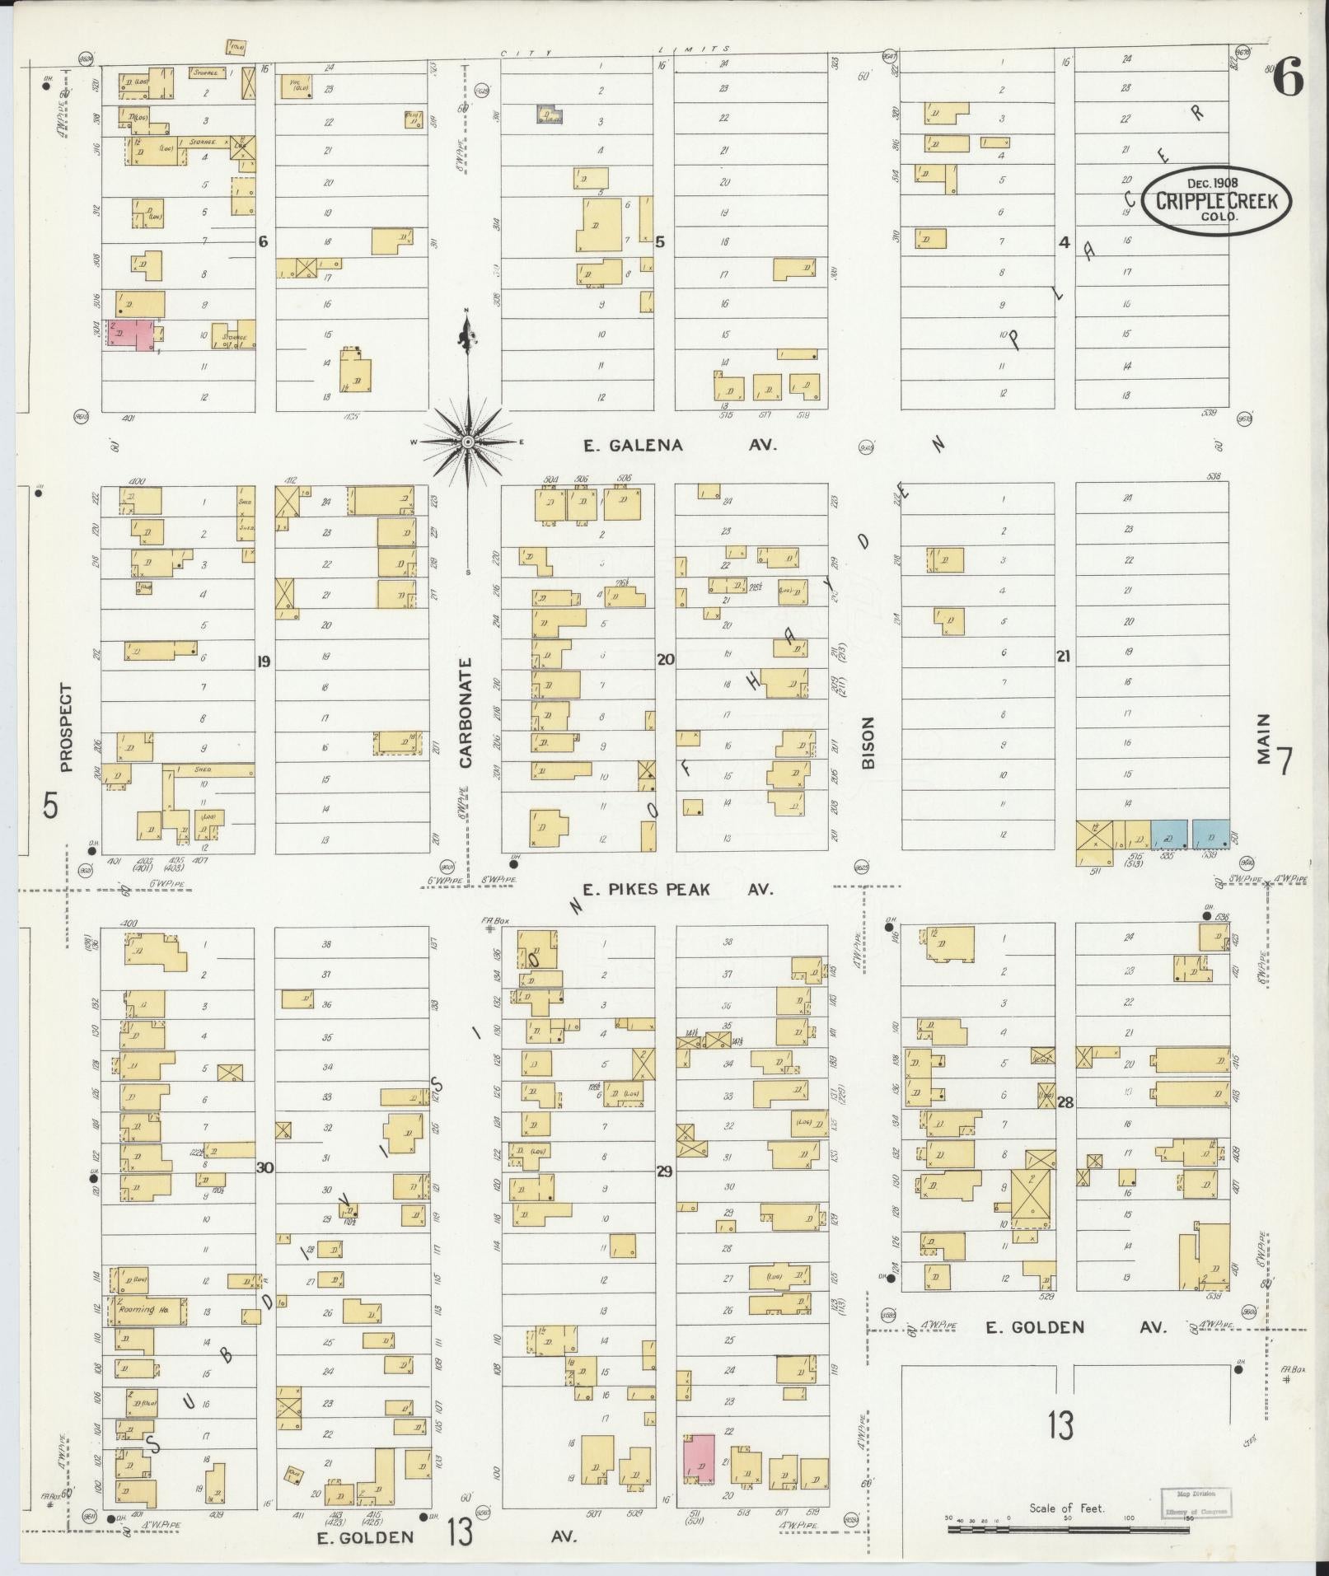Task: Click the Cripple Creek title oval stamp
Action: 1215,200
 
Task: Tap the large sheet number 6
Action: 1289,80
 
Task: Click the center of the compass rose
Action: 467,442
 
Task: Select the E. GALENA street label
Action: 633,446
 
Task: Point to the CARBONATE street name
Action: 466,713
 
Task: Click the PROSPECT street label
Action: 67,727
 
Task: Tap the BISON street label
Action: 868,742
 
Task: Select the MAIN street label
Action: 1263,739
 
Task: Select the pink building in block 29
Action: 699,1458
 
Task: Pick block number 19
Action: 264,661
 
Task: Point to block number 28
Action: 1065,1102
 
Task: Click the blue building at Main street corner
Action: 1210,835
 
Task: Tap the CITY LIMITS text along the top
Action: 609,52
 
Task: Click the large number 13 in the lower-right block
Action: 1061,1424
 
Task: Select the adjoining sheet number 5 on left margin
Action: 51,806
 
